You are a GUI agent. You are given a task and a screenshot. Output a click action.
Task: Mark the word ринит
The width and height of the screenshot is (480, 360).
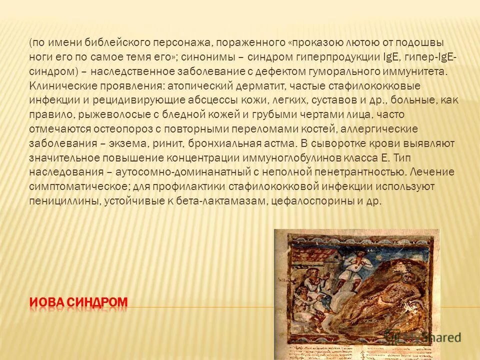(169, 143)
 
